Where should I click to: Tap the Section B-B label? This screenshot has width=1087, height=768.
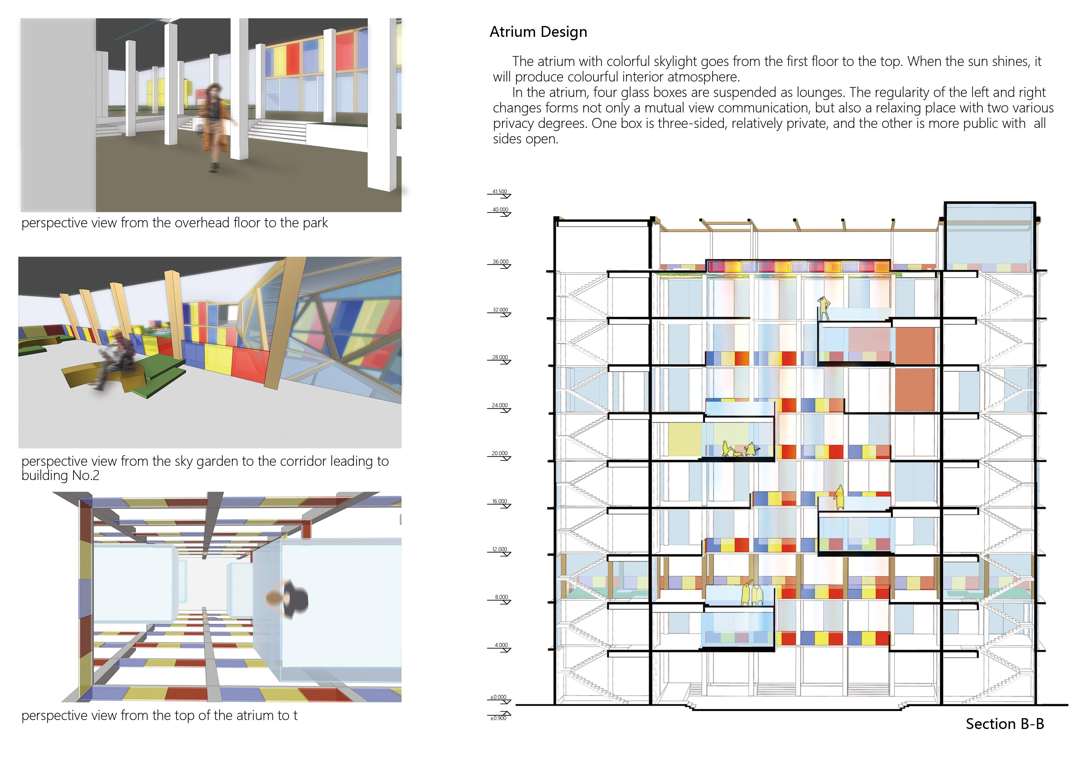(x=1004, y=724)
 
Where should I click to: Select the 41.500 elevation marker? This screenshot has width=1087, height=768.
(x=499, y=192)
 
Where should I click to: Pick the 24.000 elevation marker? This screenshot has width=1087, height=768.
(x=499, y=406)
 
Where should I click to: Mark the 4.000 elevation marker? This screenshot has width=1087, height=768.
(x=501, y=645)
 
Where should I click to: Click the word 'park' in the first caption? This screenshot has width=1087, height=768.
(x=315, y=223)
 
